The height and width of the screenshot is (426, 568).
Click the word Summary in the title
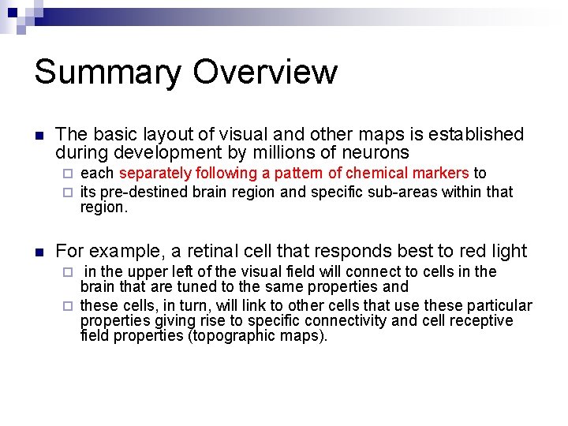click(x=106, y=73)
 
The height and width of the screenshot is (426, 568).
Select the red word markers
click(x=438, y=174)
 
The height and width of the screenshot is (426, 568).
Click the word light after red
click(x=505, y=252)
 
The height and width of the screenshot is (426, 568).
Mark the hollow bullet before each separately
click(x=68, y=174)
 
